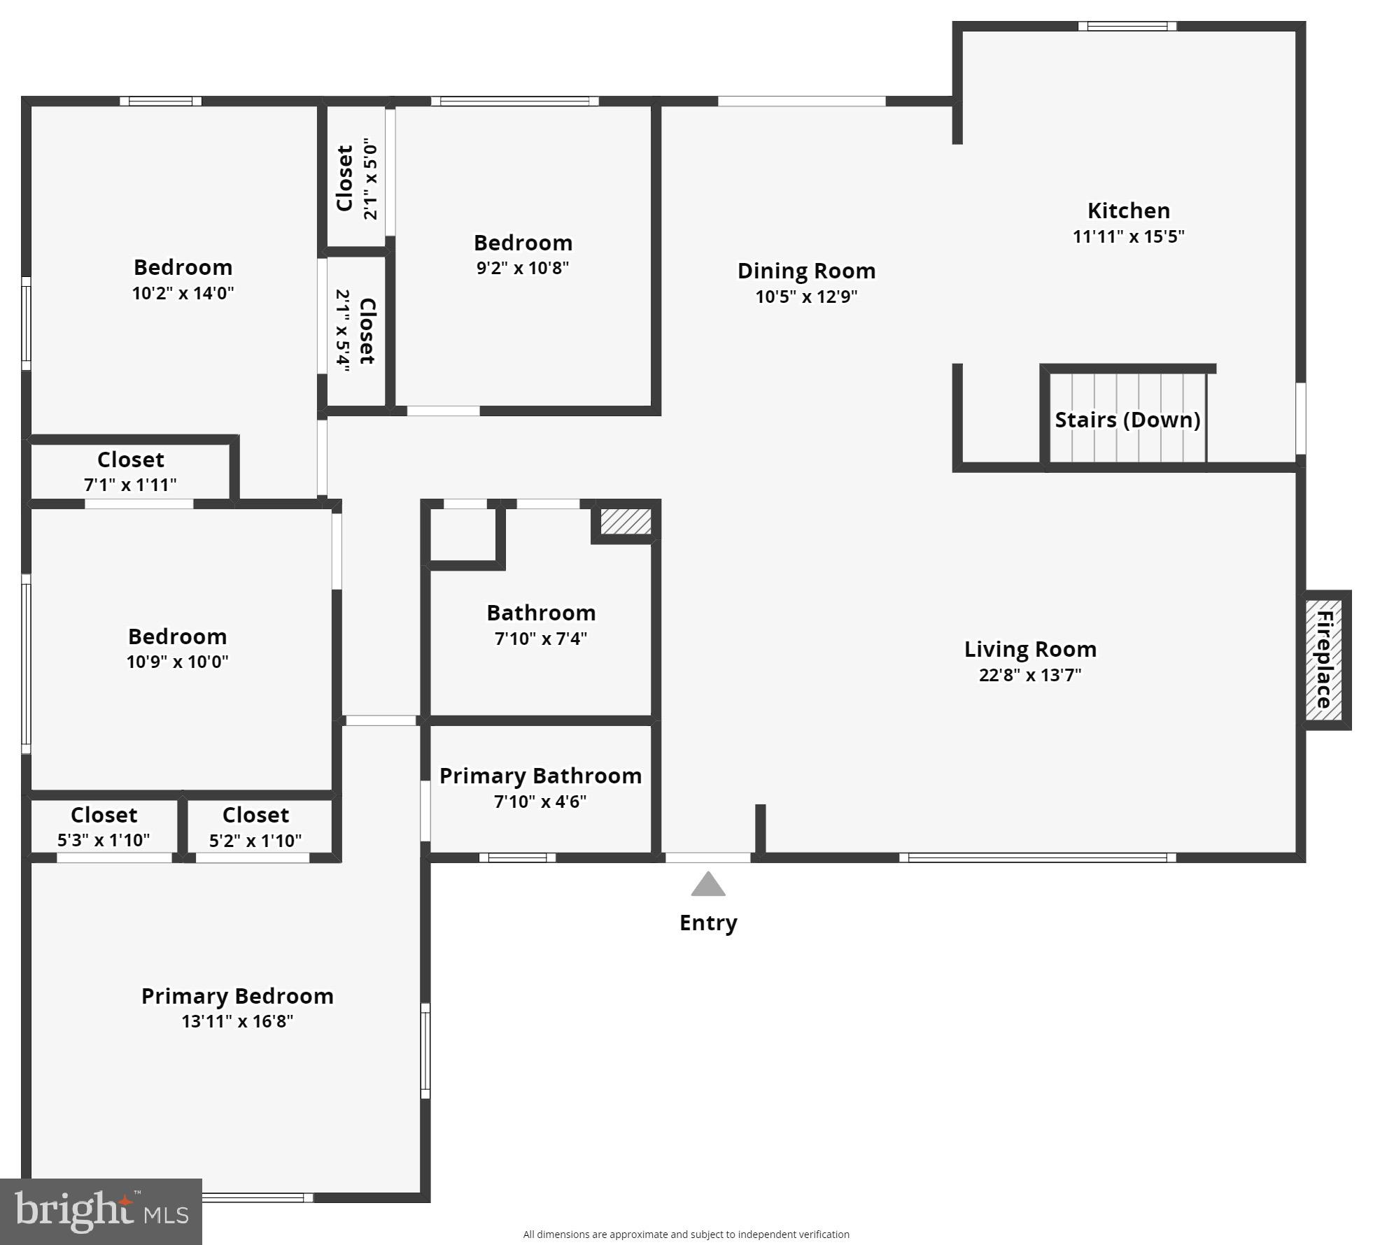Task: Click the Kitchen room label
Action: [x=1128, y=211]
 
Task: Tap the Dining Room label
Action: [x=806, y=271]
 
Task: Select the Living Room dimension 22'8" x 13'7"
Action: [x=1030, y=675]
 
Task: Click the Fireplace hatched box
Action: [x=1323, y=660]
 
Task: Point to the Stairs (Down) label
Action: [x=1127, y=420]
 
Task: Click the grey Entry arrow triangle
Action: [x=708, y=885]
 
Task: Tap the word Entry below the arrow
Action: [x=708, y=923]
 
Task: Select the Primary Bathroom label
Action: [x=540, y=776]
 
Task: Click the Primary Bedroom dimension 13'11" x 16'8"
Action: [x=237, y=1021]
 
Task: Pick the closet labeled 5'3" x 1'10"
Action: [x=104, y=826]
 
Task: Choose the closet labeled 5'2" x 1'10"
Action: [x=255, y=826]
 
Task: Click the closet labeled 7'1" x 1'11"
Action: [x=130, y=471]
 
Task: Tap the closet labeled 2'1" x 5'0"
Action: [x=356, y=178]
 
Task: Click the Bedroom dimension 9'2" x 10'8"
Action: [x=523, y=268]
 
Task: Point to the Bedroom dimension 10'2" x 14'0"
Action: [x=183, y=293]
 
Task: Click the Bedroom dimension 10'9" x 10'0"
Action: [x=177, y=662]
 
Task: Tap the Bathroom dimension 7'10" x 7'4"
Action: [x=541, y=639]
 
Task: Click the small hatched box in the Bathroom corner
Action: [x=626, y=521]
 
